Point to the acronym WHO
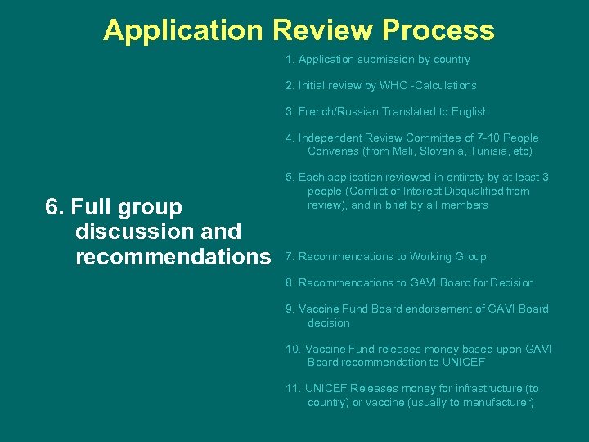pos(393,86)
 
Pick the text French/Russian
pos(336,112)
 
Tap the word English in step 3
pos(470,112)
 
